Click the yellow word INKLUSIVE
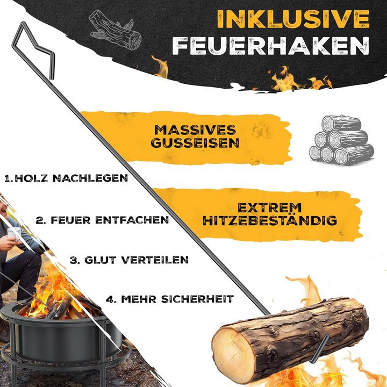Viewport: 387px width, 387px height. (x=293, y=19)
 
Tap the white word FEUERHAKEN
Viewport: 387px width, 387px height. (x=271, y=45)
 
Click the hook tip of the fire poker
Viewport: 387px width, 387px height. (x=323, y=344)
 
